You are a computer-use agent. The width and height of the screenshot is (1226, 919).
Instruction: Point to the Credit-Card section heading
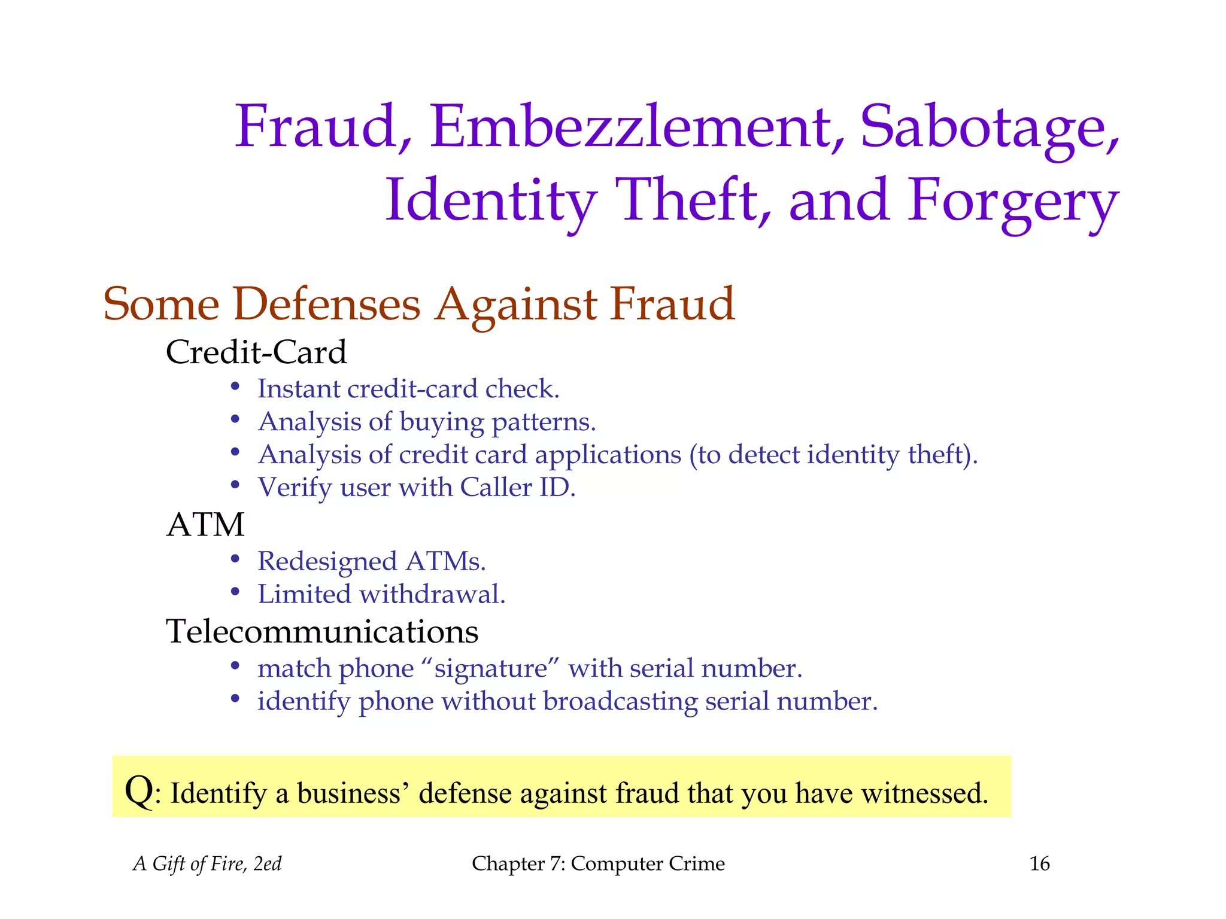(256, 352)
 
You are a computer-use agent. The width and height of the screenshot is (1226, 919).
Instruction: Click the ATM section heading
(205, 525)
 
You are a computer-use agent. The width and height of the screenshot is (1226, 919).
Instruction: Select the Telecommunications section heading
(322, 631)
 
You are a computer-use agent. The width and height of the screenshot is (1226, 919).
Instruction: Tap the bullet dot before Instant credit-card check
(235, 387)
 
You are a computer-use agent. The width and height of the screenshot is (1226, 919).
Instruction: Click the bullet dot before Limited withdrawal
(235, 592)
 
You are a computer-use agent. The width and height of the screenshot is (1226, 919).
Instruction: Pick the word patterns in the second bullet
(544, 422)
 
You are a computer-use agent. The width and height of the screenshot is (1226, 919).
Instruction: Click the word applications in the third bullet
(608, 455)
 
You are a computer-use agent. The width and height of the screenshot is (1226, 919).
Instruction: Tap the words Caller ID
(517, 488)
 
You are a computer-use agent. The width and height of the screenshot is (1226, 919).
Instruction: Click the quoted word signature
(491, 669)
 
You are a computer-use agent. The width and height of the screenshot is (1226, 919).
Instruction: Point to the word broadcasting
(620, 702)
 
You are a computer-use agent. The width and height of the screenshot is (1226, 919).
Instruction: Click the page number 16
(1039, 863)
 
